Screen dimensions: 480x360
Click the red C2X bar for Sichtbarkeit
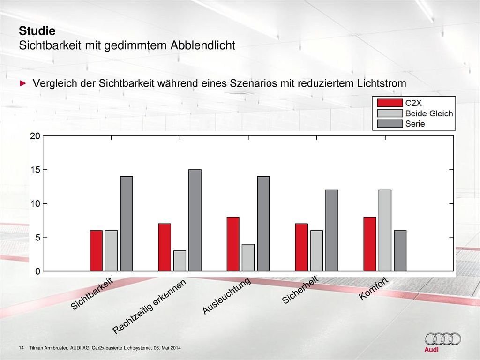click(x=96, y=251)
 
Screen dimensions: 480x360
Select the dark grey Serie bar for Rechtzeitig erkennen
click(x=195, y=220)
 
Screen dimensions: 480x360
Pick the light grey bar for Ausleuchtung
click(x=248, y=257)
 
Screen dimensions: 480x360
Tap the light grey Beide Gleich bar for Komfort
click(x=385, y=231)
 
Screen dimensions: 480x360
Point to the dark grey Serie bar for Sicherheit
click(x=332, y=231)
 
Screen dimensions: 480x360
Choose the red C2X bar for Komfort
click(x=370, y=244)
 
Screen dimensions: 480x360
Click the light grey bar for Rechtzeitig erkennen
click(x=180, y=261)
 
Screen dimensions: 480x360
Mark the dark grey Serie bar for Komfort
click(x=400, y=251)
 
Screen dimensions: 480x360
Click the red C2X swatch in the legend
click(x=390, y=103)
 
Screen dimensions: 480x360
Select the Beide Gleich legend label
click(x=429, y=113)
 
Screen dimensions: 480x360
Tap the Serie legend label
click(x=415, y=124)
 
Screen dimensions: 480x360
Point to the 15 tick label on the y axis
click(x=35, y=170)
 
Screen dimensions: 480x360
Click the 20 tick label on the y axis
click(x=35, y=136)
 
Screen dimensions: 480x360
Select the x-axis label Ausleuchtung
click(x=226, y=296)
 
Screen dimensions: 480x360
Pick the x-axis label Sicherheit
click(x=300, y=290)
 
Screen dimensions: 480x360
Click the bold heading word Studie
click(x=37, y=31)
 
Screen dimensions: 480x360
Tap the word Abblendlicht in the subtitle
click(x=202, y=45)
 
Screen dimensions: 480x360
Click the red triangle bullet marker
click(x=23, y=83)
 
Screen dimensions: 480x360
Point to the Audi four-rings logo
click(x=442, y=339)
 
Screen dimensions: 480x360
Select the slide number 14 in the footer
click(x=22, y=348)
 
